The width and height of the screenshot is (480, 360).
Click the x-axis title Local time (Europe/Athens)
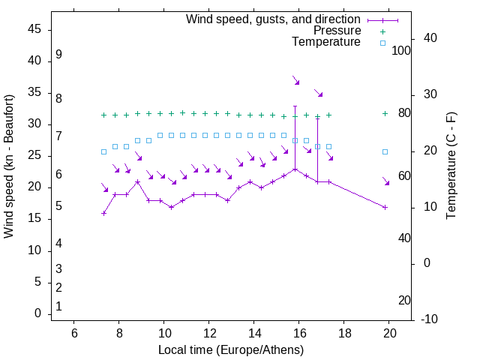(x=231, y=349)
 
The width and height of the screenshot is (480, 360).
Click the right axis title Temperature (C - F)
(x=451, y=166)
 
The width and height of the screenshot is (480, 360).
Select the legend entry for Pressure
(x=337, y=31)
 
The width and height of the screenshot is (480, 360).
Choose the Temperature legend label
(x=326, y=42)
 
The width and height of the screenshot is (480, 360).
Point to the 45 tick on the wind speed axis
(x=34, y=29)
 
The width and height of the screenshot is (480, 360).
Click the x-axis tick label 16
(x=299, y=333)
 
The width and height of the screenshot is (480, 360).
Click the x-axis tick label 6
(x=73, y=333)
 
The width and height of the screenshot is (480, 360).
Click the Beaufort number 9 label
(x=58, y=55)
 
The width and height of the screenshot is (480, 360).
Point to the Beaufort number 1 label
(x=58, y=306)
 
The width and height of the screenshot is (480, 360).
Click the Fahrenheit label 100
(x=401, y=50)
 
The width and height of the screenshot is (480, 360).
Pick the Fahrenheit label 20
(x=404, y=300)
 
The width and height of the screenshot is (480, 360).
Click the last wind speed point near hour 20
(x=385, y=207)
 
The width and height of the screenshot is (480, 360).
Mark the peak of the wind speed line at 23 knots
(x=295, y=169)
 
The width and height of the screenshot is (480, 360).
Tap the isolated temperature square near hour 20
(x=385, y=151)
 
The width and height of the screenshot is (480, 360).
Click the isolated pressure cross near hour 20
(x=385, y=113)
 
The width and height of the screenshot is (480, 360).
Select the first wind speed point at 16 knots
(x=103, y=213)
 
